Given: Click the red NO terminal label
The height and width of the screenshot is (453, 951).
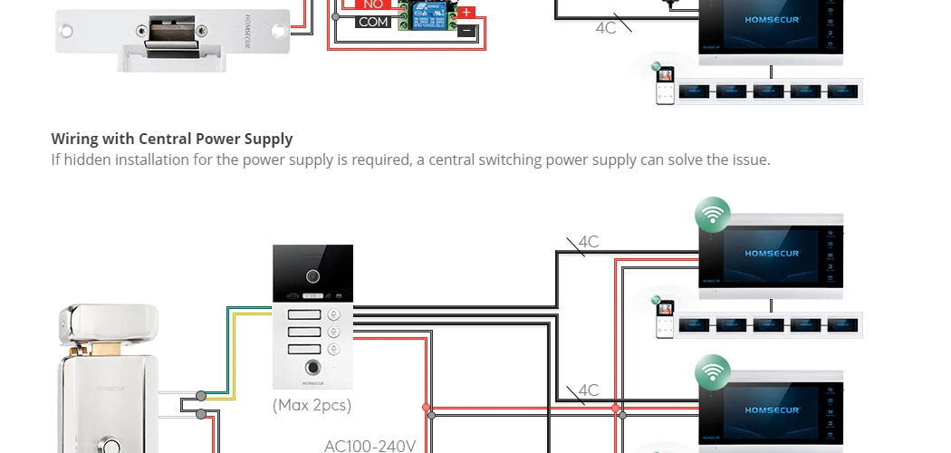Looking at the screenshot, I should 373,5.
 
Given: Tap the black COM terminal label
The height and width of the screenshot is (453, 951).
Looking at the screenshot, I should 373,22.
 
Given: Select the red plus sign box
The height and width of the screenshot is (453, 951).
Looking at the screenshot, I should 466,13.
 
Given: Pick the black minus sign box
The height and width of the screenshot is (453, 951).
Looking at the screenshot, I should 466,31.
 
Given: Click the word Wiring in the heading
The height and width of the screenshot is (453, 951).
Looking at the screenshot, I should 75,139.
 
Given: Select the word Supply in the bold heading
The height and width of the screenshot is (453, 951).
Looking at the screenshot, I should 268,140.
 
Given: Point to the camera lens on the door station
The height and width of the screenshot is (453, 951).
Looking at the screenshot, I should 313,275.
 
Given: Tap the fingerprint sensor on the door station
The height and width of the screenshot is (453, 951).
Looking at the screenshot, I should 313,369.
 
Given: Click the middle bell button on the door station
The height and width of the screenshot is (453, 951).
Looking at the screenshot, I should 334,333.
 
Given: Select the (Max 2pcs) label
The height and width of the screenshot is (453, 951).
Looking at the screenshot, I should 312,405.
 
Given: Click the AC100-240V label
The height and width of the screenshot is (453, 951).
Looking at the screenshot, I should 370,446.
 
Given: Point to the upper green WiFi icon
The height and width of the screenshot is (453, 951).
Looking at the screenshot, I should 713,216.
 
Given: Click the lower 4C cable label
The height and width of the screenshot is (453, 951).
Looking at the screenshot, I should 589,390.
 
